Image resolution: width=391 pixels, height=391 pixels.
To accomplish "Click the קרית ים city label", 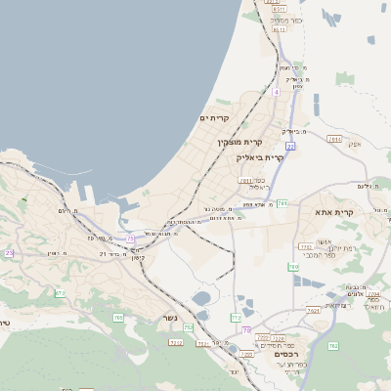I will [213, 118].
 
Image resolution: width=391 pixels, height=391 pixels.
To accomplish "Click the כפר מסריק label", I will [287, 20].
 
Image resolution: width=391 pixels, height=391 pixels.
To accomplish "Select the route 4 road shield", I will [277, 92].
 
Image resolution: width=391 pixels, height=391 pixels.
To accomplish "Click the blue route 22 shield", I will [290, 146].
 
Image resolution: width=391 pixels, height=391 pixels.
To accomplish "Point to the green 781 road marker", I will [282, 202].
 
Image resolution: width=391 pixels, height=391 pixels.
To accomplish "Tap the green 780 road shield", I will [293, 267].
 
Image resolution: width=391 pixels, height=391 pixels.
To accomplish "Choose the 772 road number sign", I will [236, 318].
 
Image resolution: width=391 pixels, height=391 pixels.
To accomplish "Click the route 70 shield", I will [246, 329].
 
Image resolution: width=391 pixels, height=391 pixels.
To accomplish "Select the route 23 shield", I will [9, 253].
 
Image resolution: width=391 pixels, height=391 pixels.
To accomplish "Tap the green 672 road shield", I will [60, 292].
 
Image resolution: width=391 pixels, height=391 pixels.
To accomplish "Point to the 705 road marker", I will [118, 317].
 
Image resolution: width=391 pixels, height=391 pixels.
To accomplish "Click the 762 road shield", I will [332, 346].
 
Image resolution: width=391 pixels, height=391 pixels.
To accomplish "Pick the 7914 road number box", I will [335, 140].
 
